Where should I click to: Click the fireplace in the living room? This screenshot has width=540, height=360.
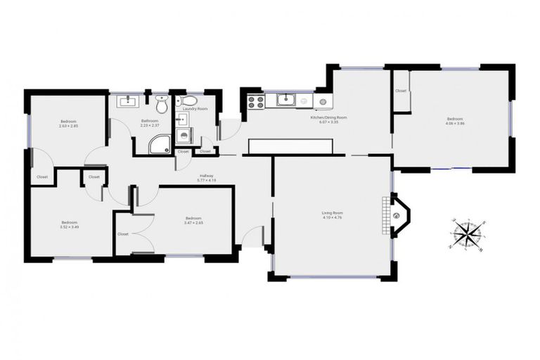398,214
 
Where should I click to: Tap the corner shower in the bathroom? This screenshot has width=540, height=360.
158,143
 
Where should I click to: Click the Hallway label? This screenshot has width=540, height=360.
207,176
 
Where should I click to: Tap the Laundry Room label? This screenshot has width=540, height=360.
194,109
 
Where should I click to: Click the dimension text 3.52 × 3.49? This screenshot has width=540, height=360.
68,226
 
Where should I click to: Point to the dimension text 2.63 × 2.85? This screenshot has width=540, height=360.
68,127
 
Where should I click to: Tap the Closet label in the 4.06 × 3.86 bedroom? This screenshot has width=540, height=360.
401,91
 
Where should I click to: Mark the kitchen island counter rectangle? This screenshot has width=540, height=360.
290,146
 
